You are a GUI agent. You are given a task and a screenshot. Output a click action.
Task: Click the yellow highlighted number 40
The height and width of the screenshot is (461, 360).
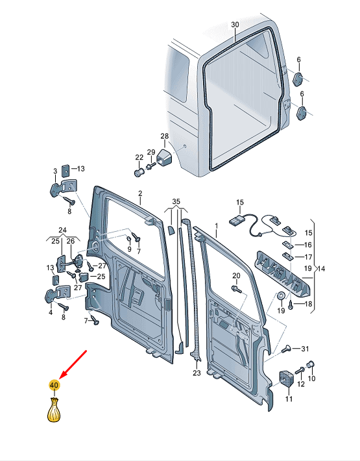tap(54, 385)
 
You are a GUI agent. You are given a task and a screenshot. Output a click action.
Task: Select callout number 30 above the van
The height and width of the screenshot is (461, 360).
tap(234, 24)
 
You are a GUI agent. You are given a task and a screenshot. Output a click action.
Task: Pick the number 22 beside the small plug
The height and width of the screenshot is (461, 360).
tap(139, 158)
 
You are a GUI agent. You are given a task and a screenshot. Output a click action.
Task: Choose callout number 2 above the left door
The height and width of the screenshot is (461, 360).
tap(139, 193)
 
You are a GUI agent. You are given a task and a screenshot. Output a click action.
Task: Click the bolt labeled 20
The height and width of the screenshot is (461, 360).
tap(235, 288)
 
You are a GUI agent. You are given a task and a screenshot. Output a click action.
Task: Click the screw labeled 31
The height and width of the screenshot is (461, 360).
tap(288, 349)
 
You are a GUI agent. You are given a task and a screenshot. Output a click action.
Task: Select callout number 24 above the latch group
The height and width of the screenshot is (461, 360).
tap(62, 229)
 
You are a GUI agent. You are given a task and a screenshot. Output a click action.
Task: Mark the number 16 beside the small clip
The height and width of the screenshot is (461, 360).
tap(308, 245)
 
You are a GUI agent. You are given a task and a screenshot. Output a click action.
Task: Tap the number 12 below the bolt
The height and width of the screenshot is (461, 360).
tap(300, 385)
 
